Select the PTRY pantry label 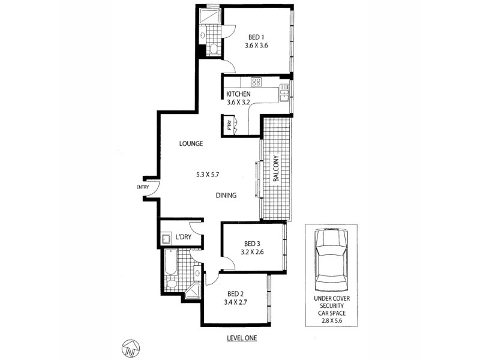pyautogui.click(x=229, y=126)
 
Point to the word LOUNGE pyautogui.click(x=192, y=144)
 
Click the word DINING pyautogui.click(x=226, y=196)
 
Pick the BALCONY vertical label pyautogui.click(x=277, y=169)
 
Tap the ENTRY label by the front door pyautogui.click(x=142, y=187)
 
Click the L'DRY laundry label pyautogui.click(x=184, y=238)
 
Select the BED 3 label pyautogui.click(x=253, y=244)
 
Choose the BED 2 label pyautogui.click(x=236, y=293)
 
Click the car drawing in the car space pyautogui.click(x=331, y=262)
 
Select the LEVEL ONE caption pyautogui.click(x=242, y=338)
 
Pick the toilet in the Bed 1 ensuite pyautogui.click(x=214, y=48)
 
